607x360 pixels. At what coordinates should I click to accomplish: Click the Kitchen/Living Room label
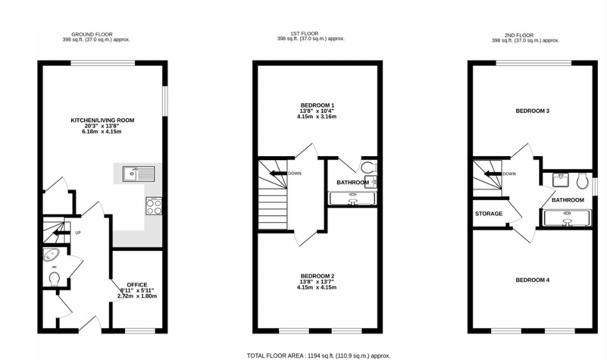click(x=103, y=120)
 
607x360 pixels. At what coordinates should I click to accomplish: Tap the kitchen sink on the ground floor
click(x=138, y=174)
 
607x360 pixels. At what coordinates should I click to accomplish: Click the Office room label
click(x=137, y=285)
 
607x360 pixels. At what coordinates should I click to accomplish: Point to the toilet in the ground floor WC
click(x=55, y=278)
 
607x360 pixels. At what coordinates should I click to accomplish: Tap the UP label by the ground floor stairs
click(x=78, y=233)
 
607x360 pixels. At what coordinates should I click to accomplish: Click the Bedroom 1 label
click(x=317, y=105)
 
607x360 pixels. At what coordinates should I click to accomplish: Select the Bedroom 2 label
click(x=317, y=276)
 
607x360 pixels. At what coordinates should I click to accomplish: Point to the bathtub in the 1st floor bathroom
click(x=353, y=199)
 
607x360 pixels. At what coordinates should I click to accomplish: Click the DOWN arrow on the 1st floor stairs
click(x=277, y=173)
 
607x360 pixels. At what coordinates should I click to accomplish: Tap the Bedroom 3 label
click(x=533, y=111)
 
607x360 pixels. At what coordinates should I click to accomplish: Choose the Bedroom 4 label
click(x=533, y=280)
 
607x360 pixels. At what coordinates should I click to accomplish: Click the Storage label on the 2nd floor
click(x=489, y=214)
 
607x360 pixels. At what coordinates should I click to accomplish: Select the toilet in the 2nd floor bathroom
click(x=581, y=179)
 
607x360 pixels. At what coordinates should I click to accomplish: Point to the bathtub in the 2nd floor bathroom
click(x=567, y=217)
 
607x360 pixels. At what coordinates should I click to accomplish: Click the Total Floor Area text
click(x=319, y=355)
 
